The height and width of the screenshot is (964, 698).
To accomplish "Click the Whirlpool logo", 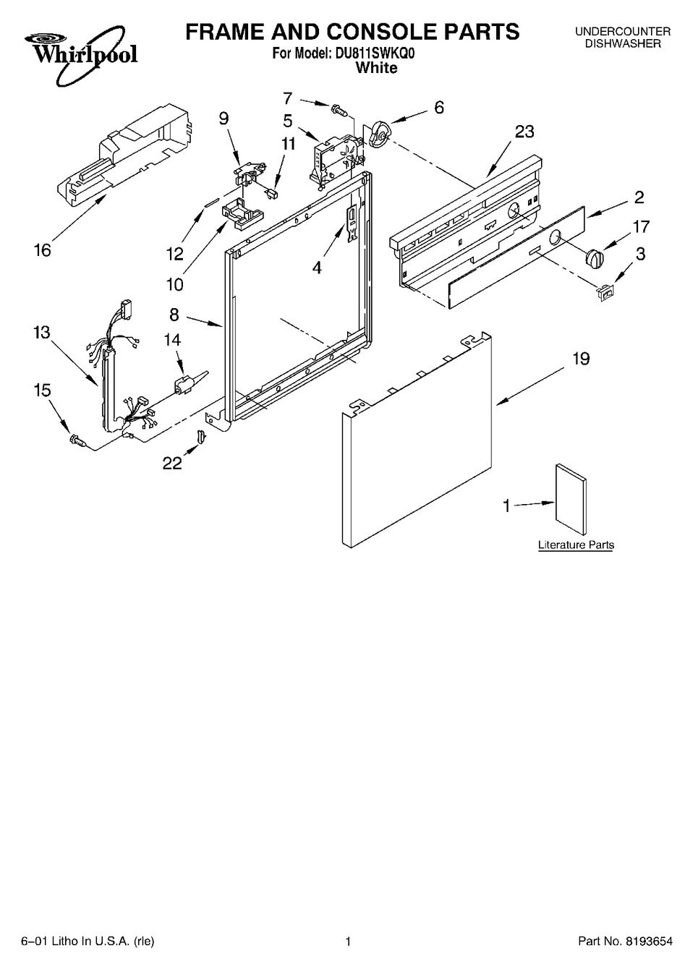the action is [81, 54].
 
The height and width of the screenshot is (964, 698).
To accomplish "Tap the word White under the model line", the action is [377, 68].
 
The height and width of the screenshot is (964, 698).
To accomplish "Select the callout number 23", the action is [524, 132].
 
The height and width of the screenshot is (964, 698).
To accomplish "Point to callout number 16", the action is [43, 250].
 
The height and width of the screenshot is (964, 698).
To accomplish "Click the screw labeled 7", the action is [339, 110].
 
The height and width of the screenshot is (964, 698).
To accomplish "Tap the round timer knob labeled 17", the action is [595, 257].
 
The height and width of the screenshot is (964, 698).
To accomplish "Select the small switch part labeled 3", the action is [606, 292].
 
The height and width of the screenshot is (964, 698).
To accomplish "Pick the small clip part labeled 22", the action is [201, 435].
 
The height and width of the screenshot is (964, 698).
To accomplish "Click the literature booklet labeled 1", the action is [571, 500].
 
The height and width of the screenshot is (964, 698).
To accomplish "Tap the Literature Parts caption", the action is [576, 545].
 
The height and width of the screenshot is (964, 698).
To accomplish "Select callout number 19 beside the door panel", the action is [582, 359].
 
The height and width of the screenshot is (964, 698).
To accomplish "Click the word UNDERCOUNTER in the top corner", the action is [623, 31].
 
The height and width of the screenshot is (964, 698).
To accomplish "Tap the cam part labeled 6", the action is [380, 133].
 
